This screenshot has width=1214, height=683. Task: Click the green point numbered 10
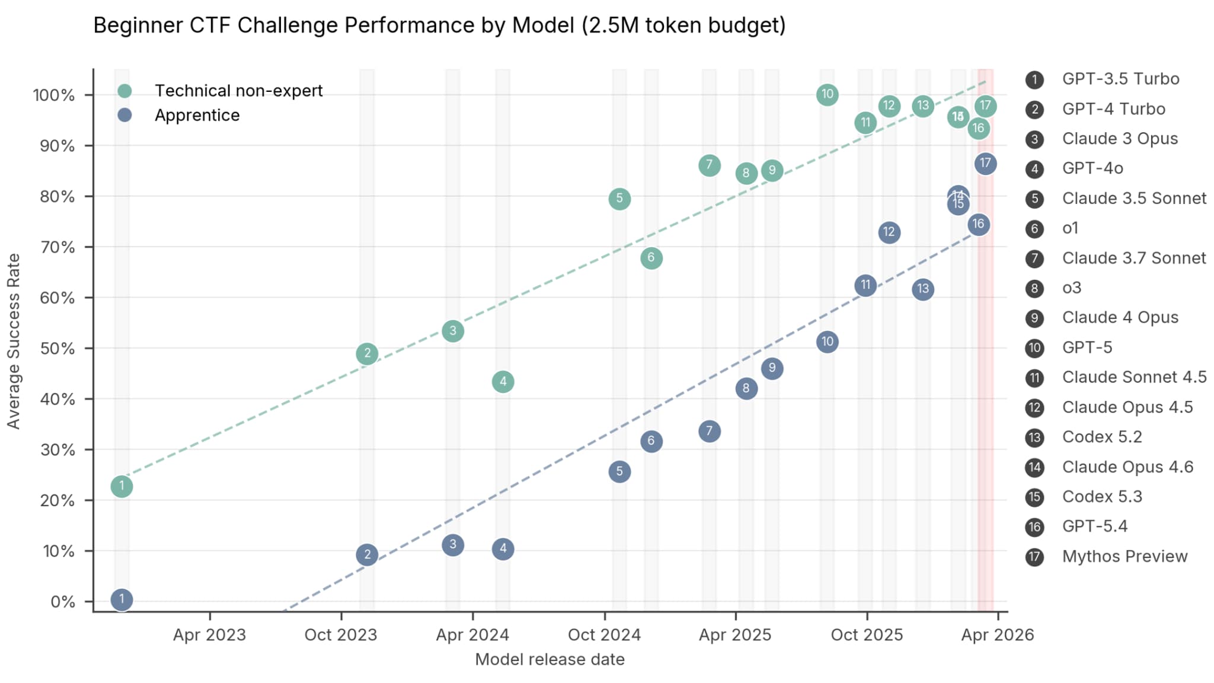(827, 94)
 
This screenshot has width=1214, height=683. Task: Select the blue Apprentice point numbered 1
(122, 599)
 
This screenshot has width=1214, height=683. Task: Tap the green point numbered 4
(503, 382)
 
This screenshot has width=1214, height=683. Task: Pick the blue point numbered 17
(985, 164)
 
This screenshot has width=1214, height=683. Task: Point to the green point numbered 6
(651, 258)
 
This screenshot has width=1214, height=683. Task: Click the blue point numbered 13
(923, 289)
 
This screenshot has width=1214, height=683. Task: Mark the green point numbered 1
(122, 487)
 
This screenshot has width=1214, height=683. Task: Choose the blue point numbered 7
(709, 431)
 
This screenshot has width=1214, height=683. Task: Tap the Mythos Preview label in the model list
(1124, 556)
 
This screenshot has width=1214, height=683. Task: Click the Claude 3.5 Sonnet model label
(1134, 198)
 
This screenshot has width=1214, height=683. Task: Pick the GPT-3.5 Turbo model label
(1120, 79)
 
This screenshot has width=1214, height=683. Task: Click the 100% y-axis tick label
(54, 95)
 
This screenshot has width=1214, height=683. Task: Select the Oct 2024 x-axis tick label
(604, 635)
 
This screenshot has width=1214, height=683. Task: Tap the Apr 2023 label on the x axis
(209, 635)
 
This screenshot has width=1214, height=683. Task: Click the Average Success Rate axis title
(14, 341)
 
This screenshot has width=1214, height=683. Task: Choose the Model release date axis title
(550, 659)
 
